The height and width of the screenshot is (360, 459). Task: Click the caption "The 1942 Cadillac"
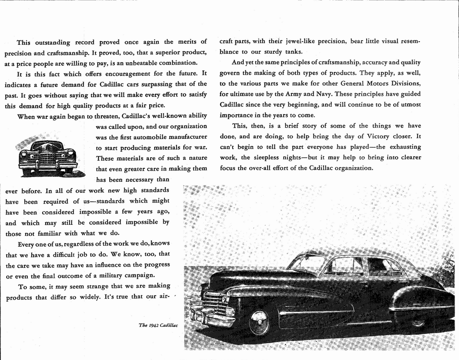pyautogui.click(x=158, y=325)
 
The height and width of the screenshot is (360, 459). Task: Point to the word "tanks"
pyautogui.click(x=293, y=51)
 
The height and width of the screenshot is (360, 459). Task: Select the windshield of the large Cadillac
pyautogui.click(x=306, y=263)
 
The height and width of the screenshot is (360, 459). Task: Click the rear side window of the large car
pyautogui.click(x=384, y=267)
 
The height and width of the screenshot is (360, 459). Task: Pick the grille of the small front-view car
pyautogui.click(x=47, y=159)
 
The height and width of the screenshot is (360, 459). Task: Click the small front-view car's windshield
pyautogui.click(x=47, y=146)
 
